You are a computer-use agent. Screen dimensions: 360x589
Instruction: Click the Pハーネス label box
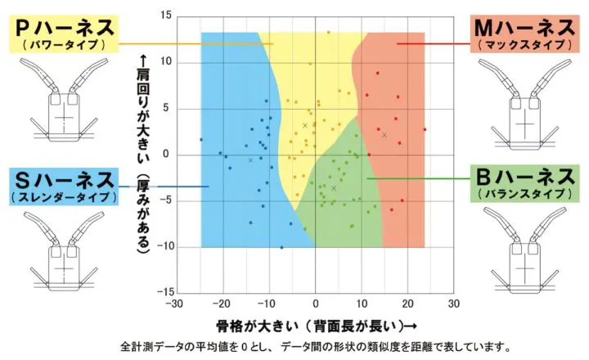(x=62, y=32)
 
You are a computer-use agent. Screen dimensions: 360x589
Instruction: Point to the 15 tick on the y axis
(x=165, y=16)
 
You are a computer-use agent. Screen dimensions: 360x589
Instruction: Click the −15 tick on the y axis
(x=164, y=291)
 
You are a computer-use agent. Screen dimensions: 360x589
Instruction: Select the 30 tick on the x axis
(x=453, y=304)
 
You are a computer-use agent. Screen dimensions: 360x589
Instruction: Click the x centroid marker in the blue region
(x=250, y=160)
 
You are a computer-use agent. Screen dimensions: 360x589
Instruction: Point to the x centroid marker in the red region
(x=384, y=135)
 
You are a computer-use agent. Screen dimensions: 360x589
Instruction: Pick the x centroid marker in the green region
(x=334, y=188)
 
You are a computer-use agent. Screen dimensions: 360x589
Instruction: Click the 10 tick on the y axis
(x=165, y=61)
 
